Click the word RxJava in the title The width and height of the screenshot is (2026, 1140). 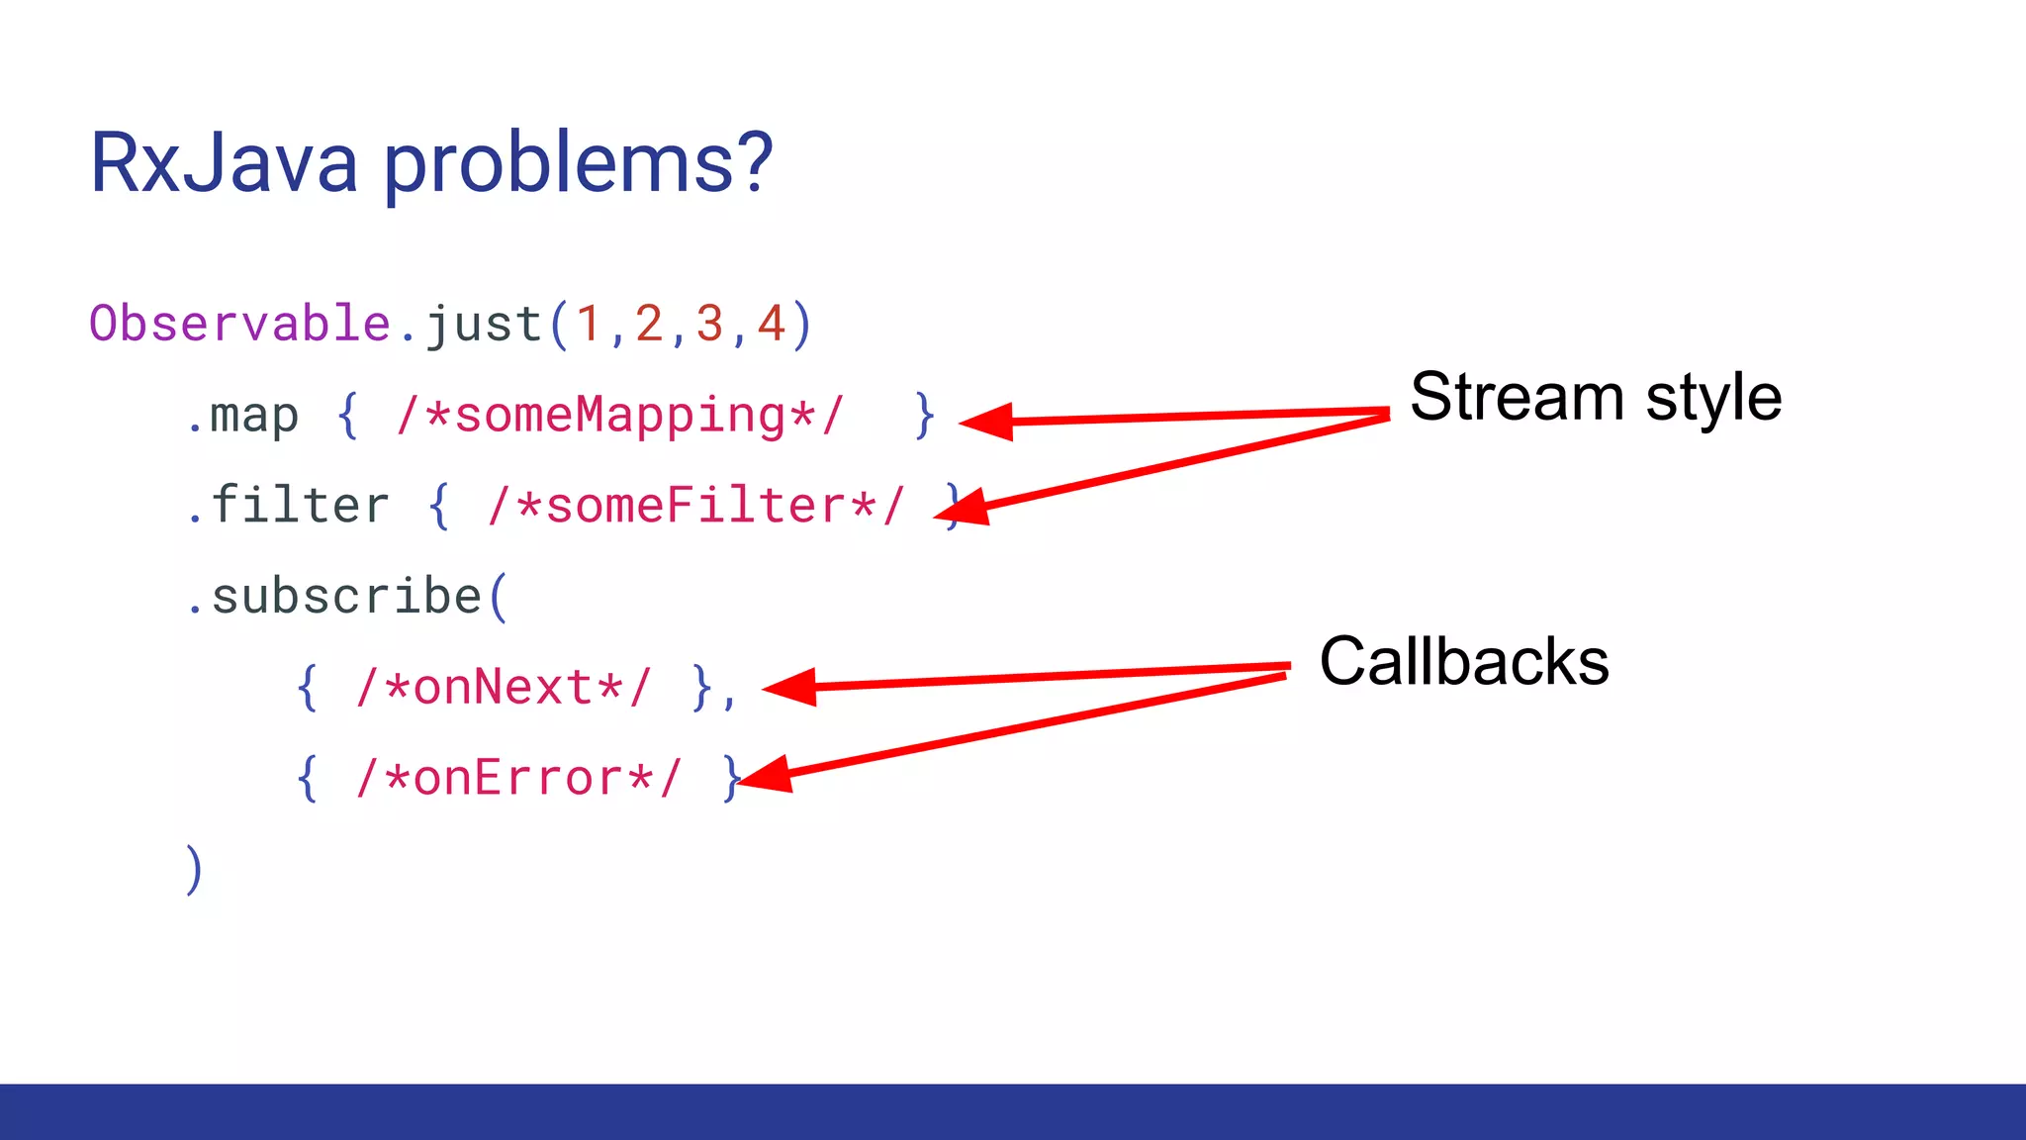(224, 163)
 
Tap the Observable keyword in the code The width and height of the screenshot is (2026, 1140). (240, 324)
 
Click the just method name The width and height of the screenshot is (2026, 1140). (484, 326)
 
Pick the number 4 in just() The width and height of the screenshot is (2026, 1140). (771, 325)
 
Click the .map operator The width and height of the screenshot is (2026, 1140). (243, 416)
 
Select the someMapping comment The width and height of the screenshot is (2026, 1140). (619, 416)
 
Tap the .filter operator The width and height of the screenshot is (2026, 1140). (288, 506)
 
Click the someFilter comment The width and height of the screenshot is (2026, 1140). (695, 506)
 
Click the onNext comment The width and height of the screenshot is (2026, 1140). (504, 688)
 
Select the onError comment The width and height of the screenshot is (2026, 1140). (518, 779)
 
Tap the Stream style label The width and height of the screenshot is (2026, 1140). (1596, 397)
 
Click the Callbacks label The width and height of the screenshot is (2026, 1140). (1464, 661)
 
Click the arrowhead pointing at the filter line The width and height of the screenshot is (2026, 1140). (963, 508)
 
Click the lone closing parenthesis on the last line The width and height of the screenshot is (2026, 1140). (194, 870)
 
